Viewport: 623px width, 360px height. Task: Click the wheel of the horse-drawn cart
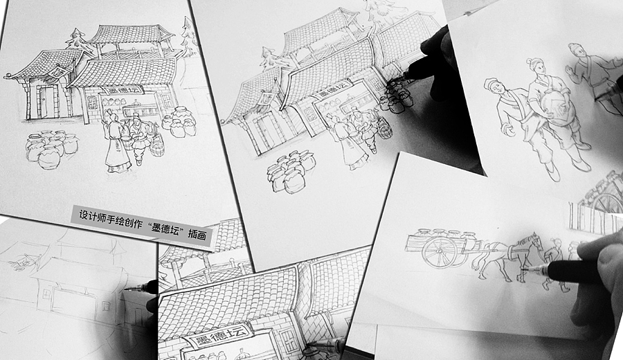(x=440, y=252)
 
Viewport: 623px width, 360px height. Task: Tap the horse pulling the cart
(x=508, y=256)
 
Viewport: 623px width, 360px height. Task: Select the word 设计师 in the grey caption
(x=92, y=217)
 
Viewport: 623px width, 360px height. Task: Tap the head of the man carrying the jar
(x=536, y=66)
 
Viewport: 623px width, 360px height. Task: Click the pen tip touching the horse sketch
(x=524, y=270)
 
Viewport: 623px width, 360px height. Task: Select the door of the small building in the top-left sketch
(x=44, y=102)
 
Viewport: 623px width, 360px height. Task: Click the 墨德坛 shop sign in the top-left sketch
(x=120, y=90)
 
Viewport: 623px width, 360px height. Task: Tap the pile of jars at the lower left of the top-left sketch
(x=51, y=149)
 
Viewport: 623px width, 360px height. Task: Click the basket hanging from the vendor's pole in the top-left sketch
(x=157, y=145)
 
